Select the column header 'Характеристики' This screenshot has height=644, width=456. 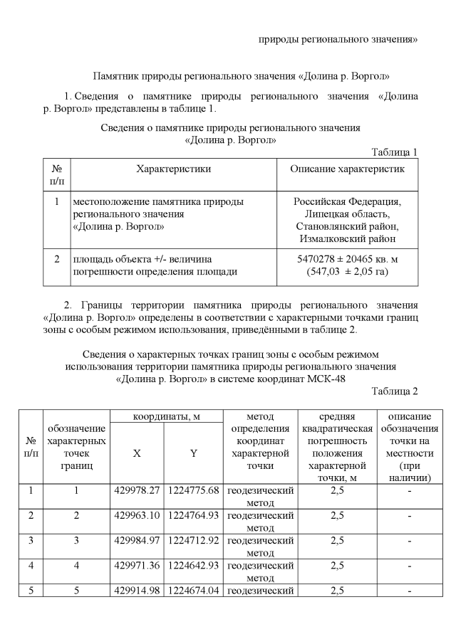pyautogui.click(x=173, y=169)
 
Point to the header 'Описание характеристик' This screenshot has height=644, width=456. pyautogui.click(x=347, y=169)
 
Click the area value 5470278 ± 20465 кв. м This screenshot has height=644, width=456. pyautogui.click(x=347, y=259)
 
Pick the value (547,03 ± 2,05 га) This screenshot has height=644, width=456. pyautogui.click(x=347, y=272)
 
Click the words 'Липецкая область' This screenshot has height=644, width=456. pyautogui.click(x=347, y=214)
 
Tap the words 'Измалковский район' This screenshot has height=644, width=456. pyautogui.click(x=347, y=239)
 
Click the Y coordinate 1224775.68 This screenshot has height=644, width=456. pyautogui.click(x=193, y=490)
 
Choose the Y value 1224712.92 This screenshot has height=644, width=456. pyautogui.click(x=193, y=540)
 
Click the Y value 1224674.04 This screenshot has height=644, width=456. pyautogui.click(x=193, y=591)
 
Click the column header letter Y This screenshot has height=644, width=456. pyautogui.click(x=193, y=453)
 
